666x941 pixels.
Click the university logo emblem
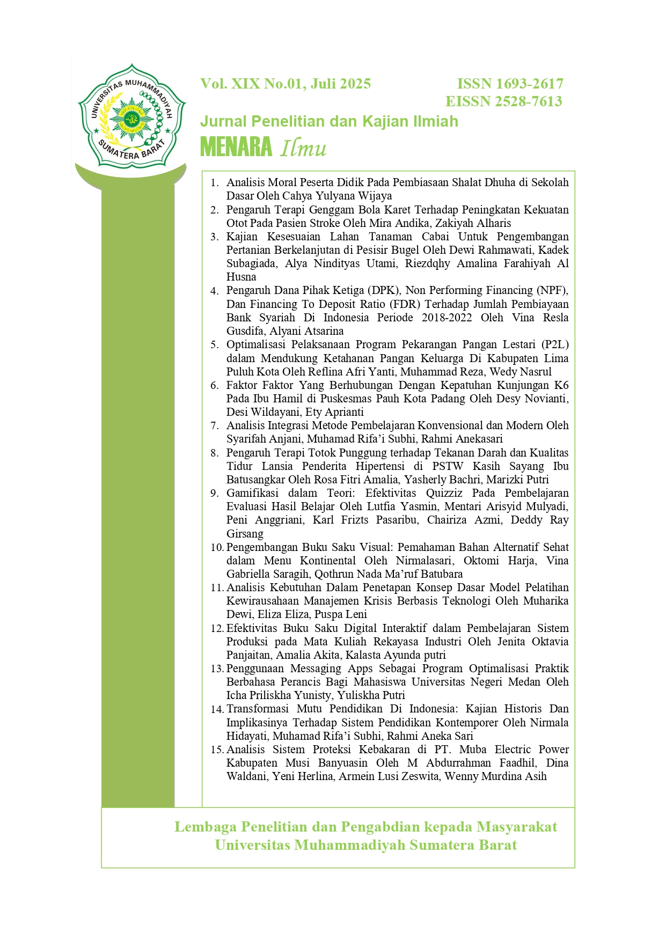(x=132, y=116)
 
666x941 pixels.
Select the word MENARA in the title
(x=236, y=147)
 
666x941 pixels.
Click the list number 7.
(x=215, y=426)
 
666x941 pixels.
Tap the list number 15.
(x=217, y=750)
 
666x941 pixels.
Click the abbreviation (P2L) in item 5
(x=554, y=344)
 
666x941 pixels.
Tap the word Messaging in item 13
(x=316, y=668)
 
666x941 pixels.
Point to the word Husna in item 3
(x=241, y=277)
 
